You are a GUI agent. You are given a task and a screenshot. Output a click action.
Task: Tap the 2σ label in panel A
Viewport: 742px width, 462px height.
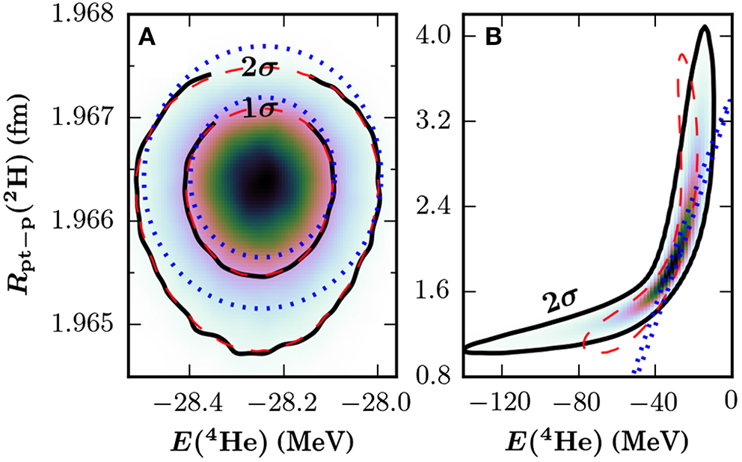pos(260,69)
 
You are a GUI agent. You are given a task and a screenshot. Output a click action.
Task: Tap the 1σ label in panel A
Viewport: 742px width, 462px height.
pos(260,109)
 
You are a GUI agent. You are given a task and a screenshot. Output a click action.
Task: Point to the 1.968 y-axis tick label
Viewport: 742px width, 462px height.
pos(81,15)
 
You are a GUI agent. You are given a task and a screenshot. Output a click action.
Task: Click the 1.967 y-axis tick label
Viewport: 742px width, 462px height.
pos(81,118)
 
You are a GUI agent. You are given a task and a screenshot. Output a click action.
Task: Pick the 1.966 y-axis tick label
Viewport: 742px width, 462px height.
pos(81,221)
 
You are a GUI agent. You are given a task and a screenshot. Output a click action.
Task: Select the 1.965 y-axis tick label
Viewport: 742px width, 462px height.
pos(81,324)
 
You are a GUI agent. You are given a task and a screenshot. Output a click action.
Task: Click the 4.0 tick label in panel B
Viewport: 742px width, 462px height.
pos(438,36)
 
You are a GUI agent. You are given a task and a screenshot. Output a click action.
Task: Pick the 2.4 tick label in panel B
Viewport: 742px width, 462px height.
pos(438,206)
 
